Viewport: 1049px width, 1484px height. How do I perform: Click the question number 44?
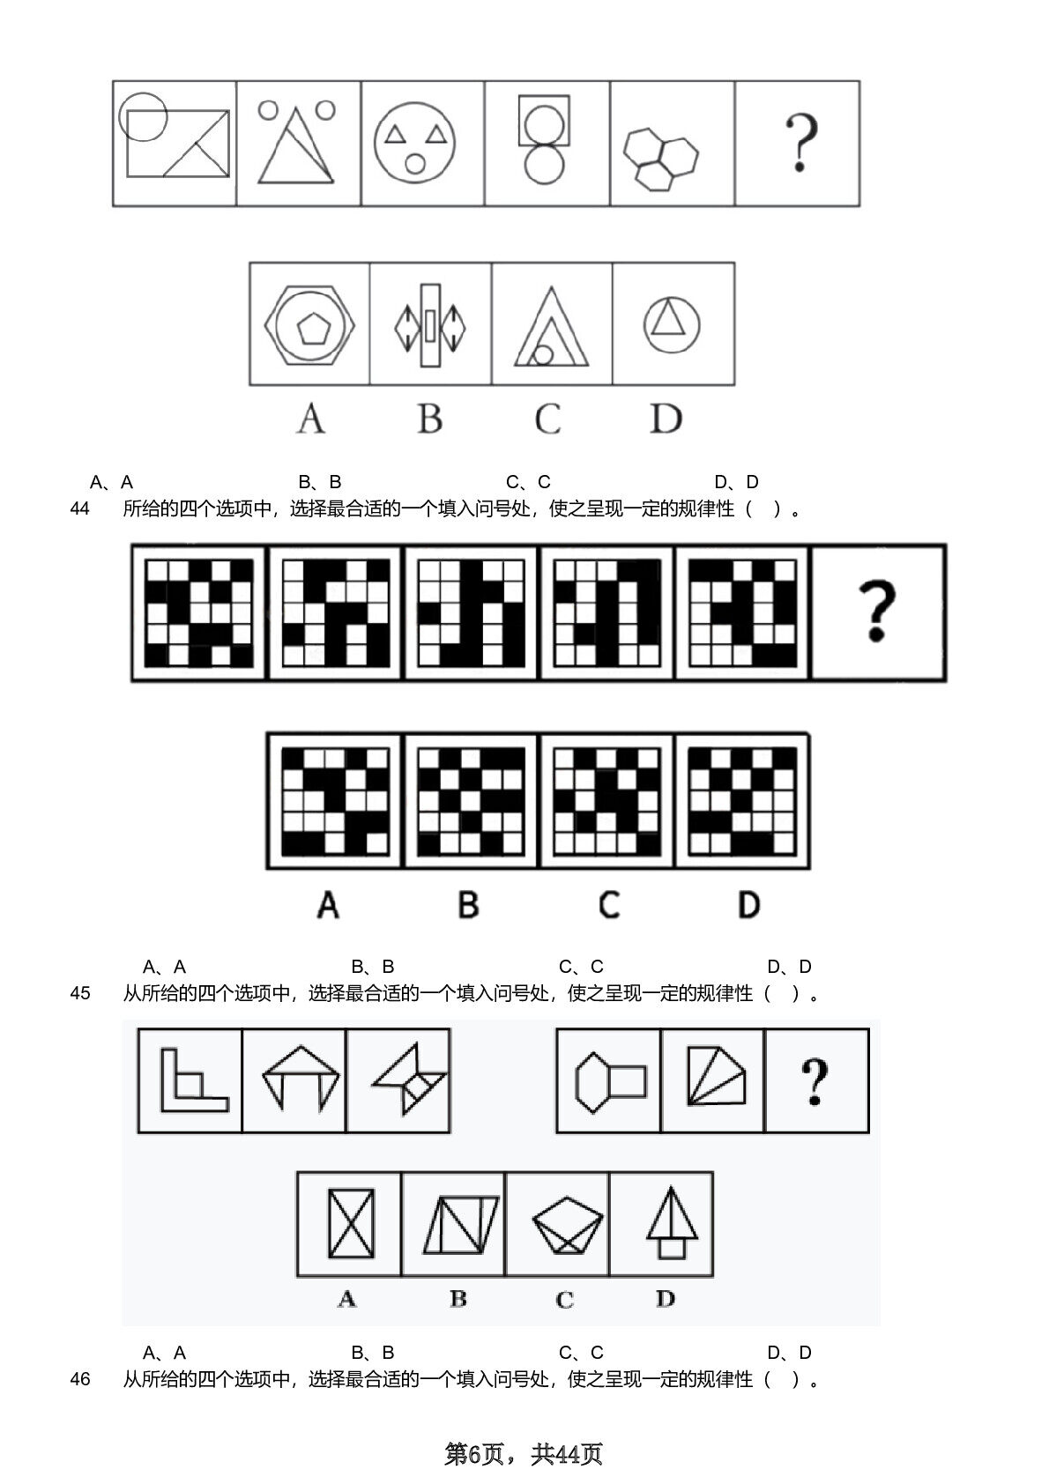(x=79, y=508)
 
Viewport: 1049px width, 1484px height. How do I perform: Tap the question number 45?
(x=79, y=994)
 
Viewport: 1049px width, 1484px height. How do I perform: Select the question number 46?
(x=79, y=1379)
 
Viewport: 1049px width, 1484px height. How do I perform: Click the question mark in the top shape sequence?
(x=801, y=143)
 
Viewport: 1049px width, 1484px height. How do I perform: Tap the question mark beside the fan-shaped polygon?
(x=815, y=1082)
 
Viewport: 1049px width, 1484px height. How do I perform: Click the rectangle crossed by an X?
(x=351, y=1223)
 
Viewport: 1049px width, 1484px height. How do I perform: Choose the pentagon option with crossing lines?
(x=567, y=1225)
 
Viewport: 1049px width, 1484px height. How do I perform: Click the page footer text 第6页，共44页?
(x=524, y=1453)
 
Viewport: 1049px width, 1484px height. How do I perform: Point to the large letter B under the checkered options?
(x=468, y=905)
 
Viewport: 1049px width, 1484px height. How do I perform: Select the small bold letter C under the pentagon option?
(x=564, y=1300)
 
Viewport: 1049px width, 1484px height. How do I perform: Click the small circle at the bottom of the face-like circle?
(x=415, y=163)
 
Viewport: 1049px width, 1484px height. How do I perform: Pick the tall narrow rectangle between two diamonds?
(x=430, y=325)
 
